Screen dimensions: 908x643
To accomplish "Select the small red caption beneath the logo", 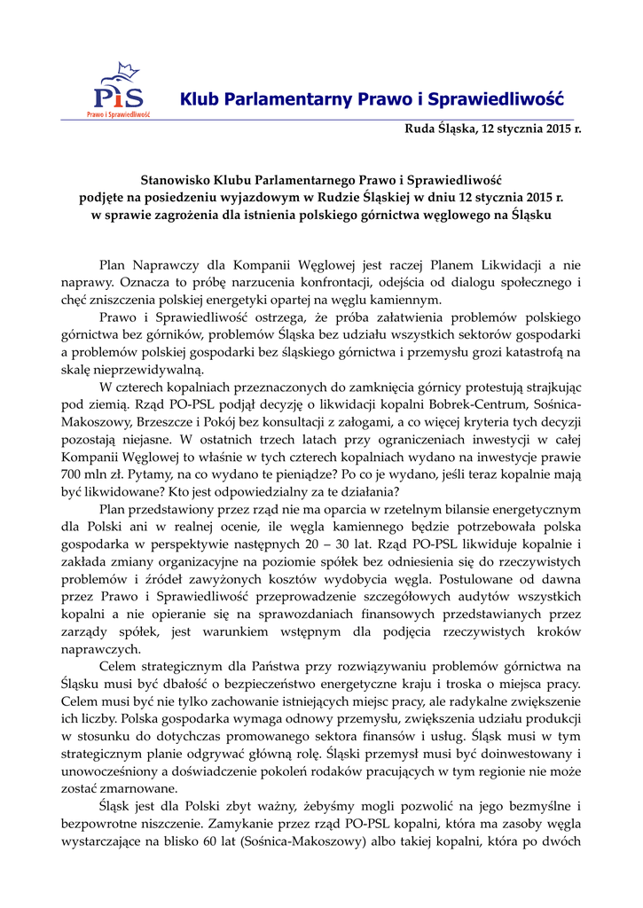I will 118,113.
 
